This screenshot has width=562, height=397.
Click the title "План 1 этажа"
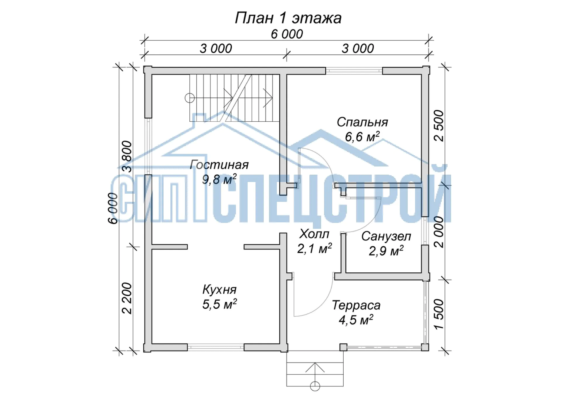pos(288,18)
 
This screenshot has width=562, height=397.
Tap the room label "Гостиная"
pos(219,165)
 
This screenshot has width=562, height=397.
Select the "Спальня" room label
pos(362,122)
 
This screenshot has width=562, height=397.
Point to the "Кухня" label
pos(219,290)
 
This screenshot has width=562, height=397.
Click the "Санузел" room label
pos(386,236)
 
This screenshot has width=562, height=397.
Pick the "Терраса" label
pos(356,305)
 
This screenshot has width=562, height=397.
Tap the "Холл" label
pos(314,234)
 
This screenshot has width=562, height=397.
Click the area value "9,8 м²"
pos(219,179)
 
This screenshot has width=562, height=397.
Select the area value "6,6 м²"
pos(362,137)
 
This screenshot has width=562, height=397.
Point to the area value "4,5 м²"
pos(356,320)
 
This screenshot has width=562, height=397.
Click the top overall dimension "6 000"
pos(287,34)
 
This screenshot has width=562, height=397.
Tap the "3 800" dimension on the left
pos(127,157)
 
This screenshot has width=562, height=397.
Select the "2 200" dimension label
pos(127,298)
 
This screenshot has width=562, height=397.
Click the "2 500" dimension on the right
pos(439,126)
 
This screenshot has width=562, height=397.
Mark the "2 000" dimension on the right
pos(439,232)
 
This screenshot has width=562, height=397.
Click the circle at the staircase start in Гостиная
pos(190,98)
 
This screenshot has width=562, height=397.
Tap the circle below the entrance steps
pos(315,386)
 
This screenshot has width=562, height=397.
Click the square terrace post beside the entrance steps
pos(343,347)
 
